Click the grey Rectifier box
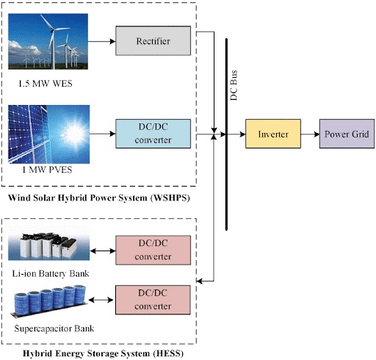coord(153,40)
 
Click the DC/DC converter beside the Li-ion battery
coord(153,250)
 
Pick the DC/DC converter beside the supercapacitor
coord(153,298)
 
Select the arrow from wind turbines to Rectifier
coord(103,41)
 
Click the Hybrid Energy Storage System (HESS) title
coord(102,353)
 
